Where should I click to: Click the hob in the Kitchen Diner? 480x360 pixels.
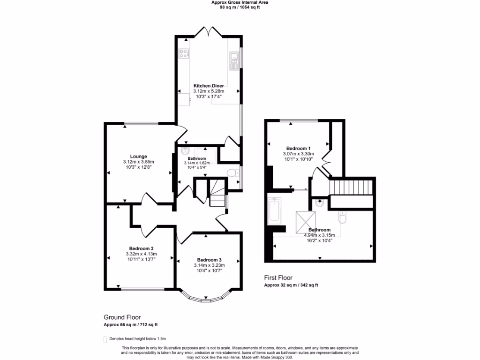(x=184, y=53)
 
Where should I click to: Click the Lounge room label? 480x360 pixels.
(x=138, y=157)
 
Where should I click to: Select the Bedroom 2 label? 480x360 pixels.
(x=141, y=248)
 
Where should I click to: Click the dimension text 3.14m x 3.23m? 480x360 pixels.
(x=209, y=265)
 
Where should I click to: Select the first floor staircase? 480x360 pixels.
(x=352, y=188)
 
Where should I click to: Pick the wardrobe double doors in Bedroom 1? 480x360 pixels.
(x=327, y=162)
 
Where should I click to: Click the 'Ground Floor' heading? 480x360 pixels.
(x=122, y=317)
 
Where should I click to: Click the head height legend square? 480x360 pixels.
(x=105, y=338)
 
